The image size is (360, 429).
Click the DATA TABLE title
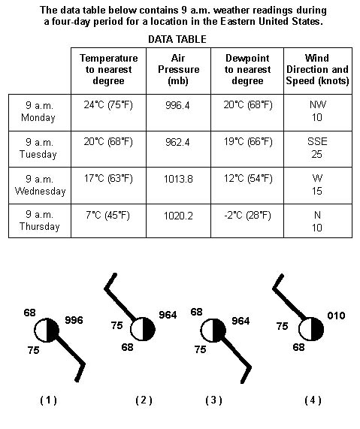tap(177, 39)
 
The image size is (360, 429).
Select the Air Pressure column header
tap(178, 69)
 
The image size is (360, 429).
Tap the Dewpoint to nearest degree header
tap(247, 69)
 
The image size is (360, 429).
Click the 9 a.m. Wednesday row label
tap(40, 185)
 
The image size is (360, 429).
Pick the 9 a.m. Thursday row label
tap(39, 221)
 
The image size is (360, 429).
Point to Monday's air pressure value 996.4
tap(177, 105)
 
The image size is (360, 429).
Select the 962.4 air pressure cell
tap(177, 142)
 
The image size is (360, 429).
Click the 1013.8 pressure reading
tap(178, 179)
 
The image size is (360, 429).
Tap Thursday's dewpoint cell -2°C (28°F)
tap(247, 216)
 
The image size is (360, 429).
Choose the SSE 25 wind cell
tap(317, 148)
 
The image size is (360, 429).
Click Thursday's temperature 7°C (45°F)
tap(107, 216)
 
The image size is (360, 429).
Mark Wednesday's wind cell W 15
tap(317, 185)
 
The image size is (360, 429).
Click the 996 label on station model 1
tap(74, 320)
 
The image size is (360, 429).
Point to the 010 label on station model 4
tap(336, 316)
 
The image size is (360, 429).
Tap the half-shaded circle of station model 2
tap(143, 329)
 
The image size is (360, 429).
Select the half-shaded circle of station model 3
tap(213, 331)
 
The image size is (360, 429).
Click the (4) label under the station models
tap(313, 400)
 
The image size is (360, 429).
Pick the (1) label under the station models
tap(48, 400)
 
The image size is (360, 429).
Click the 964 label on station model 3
tap(241, 321)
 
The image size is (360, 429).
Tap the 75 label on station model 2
tap(117, 325)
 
